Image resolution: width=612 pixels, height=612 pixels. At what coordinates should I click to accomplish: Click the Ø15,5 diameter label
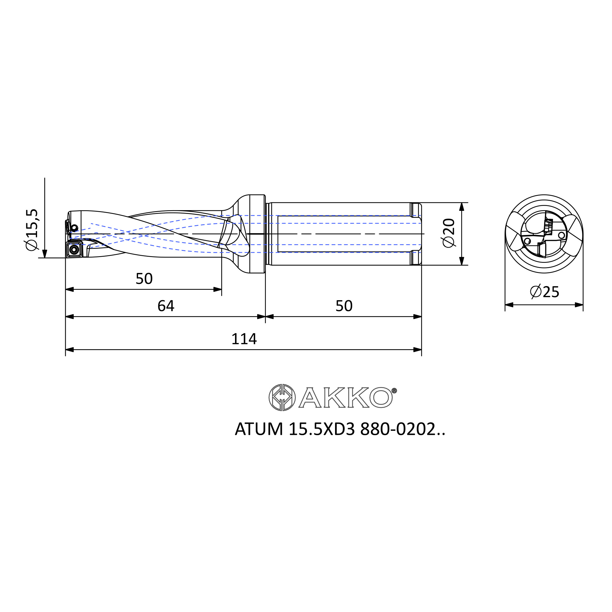tap(32, 230)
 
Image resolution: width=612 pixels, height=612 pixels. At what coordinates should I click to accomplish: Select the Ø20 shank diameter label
tap(449, 233)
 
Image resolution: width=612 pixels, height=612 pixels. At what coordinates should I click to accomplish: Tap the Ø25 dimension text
tap(545, 292)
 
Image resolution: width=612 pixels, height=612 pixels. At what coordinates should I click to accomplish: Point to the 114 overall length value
tap(244, 339)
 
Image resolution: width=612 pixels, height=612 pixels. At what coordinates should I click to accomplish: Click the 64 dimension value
tap(166, 306)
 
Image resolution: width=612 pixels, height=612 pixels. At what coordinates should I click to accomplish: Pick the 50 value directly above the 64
tap(144, 279)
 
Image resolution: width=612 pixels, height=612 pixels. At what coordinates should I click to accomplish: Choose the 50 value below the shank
tap(344, 306)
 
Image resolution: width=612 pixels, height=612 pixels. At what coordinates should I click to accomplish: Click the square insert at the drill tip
tap(74, 250)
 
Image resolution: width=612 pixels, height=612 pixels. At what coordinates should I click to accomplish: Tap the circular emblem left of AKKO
tap(282, 397)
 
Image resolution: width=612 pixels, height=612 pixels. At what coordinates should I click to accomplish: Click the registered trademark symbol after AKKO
tap(394, 391)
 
